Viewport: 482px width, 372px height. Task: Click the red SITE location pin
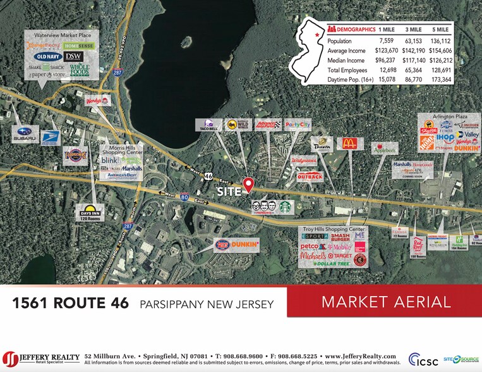pos(248,184)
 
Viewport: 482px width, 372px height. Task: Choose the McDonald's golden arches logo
pos(349,144)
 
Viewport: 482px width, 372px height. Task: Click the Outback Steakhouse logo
pos(310,177)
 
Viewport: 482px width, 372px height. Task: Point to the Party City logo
pos(297,125)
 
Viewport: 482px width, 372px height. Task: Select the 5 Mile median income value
pos(439,60)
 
